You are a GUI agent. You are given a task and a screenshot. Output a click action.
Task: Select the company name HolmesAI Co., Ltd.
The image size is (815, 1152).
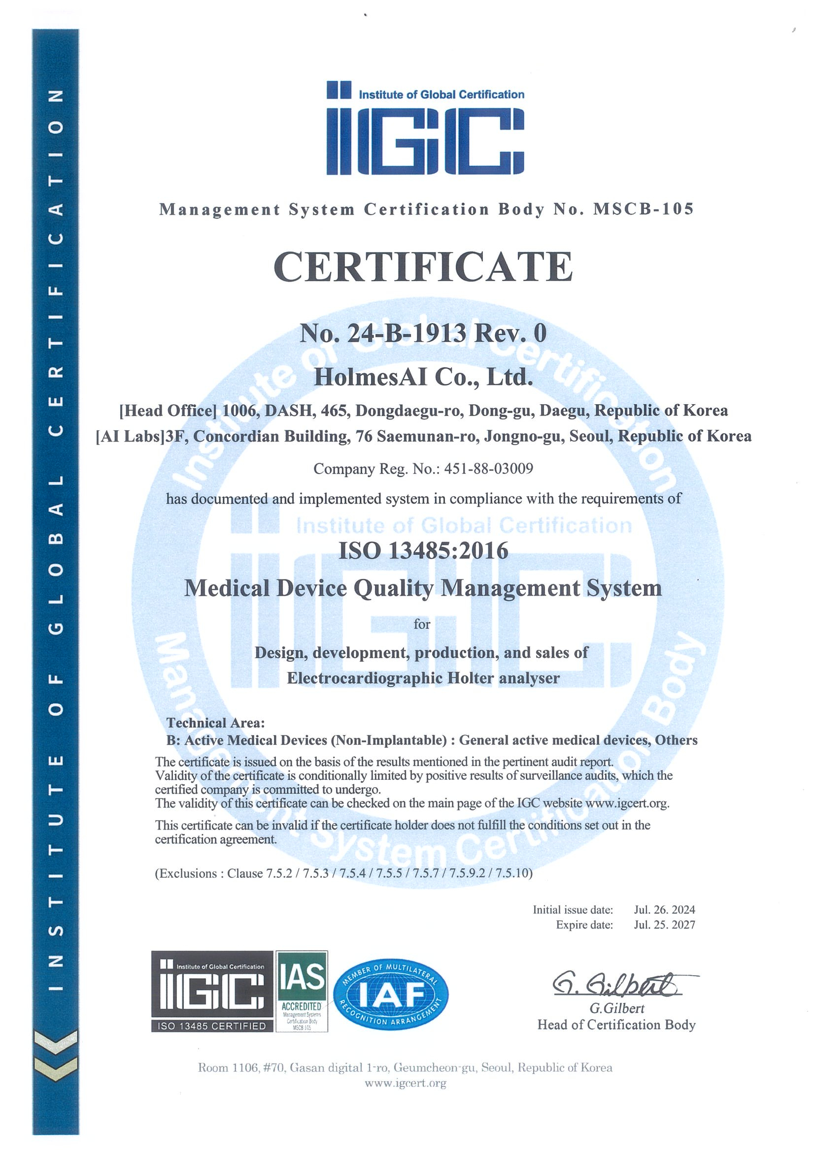click(x=423, y=377)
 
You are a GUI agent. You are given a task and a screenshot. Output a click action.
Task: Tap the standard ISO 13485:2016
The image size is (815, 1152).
click(x=423, y=551)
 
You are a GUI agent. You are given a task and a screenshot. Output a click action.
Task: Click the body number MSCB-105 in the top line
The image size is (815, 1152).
click(x=643, y=209)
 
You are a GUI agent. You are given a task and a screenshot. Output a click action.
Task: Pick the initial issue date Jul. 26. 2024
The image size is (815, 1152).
click(x=664, y=910)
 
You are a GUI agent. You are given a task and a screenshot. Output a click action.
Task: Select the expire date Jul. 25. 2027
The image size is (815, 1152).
click(x=664, y=925)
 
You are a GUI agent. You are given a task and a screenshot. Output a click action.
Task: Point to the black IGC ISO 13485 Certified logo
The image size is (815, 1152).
click(x=212, y=991)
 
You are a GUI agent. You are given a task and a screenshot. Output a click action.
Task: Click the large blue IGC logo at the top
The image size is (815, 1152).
click(x=425, y=129)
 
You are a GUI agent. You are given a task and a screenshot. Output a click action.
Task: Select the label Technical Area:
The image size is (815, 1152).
click(x=215, y=723)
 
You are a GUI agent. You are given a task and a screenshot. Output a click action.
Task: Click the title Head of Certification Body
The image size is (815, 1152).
click(x=616, y=1024)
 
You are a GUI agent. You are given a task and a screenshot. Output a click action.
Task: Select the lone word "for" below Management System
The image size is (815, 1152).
click(x=422, y=624)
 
